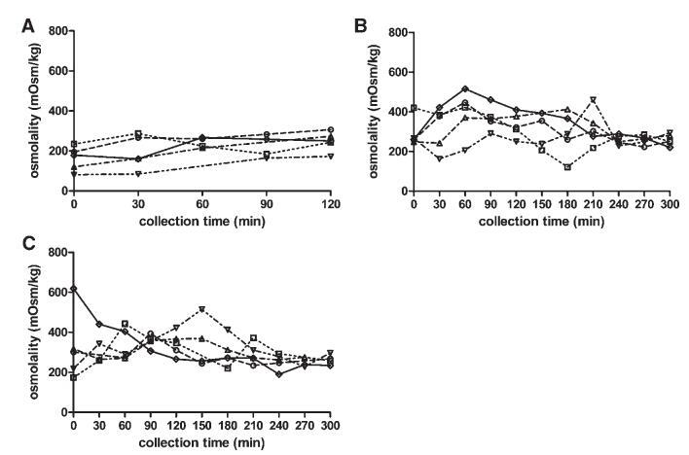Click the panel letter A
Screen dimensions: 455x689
coord(29,28)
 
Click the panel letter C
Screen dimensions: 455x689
coord(30,248)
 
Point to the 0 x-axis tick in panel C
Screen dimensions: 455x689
coord(73,426)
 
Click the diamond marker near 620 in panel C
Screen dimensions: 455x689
coord(73,288)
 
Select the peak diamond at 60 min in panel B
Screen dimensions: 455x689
coord(465,88)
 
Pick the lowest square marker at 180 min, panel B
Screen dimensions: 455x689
coord(567,167)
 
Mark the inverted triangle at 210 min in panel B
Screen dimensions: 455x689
coord(593,99)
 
